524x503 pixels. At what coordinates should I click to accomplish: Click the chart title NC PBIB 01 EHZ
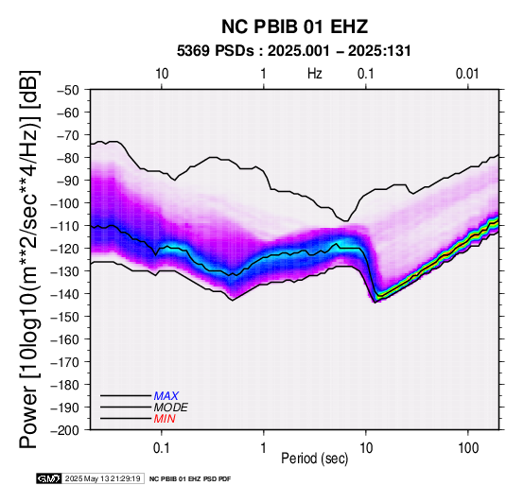(294, 26)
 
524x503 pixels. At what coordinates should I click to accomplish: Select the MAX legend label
(166, 396)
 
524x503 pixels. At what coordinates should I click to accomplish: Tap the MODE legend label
(171, 408)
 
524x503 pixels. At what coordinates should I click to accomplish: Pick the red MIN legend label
(165, 419)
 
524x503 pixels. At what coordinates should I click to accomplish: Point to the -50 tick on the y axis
(68, 90)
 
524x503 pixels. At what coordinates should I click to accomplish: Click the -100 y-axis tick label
(65, 203)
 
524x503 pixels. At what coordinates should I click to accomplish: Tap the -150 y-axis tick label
(65, 317)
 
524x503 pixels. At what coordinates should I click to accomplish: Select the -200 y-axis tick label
(65, 430)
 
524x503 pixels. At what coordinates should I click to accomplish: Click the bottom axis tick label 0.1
(162, 448)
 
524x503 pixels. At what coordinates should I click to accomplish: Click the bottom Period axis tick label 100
(468, 448)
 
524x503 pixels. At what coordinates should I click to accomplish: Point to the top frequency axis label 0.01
(467, 74)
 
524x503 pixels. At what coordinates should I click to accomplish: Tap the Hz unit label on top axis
(314, 74)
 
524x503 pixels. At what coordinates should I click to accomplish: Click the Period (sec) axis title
(314, 459)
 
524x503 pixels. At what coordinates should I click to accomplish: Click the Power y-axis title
(29, 259)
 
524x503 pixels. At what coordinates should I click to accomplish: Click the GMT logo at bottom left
(49, 478)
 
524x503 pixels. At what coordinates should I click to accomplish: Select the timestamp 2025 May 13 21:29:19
(102, 478)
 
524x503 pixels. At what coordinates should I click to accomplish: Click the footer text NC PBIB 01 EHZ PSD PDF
(190, 479)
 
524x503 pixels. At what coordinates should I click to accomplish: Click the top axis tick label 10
(162, 74)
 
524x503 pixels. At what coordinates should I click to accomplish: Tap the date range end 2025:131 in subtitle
(379, 51)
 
